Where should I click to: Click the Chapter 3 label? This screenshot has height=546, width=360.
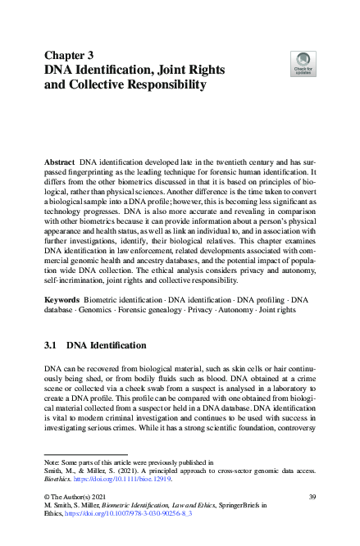70,55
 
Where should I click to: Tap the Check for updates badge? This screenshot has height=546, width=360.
303,63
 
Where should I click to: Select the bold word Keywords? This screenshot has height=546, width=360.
62,289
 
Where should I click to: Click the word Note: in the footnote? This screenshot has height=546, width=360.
53,463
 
